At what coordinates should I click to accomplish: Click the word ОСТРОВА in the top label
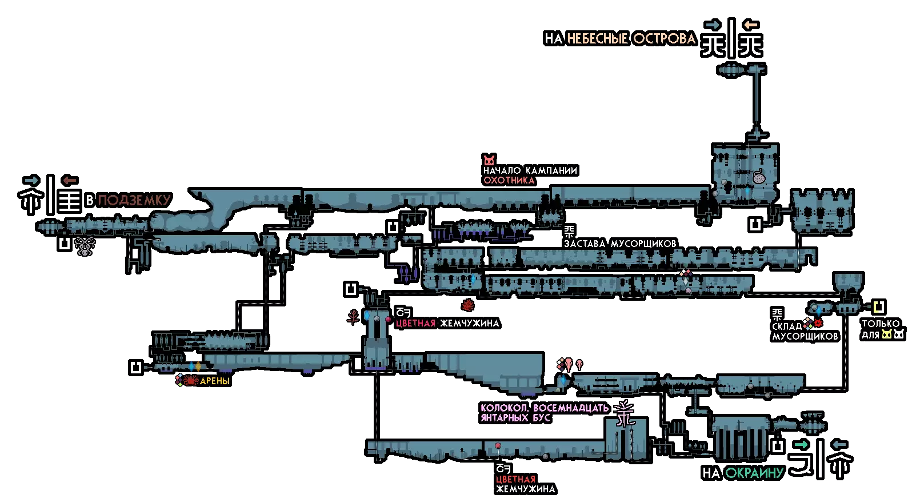[664, 39]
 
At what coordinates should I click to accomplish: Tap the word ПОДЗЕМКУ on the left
[134, 200]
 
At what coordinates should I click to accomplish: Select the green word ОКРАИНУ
[754, 473]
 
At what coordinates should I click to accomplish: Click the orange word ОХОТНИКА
[509, 180]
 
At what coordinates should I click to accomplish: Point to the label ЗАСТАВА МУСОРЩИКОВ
[620, 244]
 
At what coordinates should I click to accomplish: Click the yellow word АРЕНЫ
[215, 381]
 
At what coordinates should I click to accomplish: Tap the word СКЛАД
[787, 326]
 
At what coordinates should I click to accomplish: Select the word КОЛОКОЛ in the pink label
[504, 408]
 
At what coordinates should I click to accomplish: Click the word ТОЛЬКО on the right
[881, 324]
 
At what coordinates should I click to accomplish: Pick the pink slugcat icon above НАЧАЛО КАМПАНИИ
[489, 160]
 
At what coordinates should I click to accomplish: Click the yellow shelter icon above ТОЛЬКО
[879, 307]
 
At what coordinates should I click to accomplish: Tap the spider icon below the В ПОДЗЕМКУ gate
[85, 246]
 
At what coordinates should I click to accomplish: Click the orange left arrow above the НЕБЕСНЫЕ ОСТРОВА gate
[751, 25]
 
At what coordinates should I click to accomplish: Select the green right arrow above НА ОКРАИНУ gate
[801, 444]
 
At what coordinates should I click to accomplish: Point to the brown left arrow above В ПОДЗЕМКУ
[70, 180]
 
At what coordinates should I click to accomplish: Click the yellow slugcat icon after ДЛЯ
[886, 334]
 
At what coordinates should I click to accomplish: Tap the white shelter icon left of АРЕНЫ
[136, 367]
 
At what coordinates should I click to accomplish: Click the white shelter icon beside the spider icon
[65, 244]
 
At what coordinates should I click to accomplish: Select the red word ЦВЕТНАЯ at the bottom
[515, 479]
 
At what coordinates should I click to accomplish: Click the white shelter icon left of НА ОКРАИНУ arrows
[777, 447]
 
